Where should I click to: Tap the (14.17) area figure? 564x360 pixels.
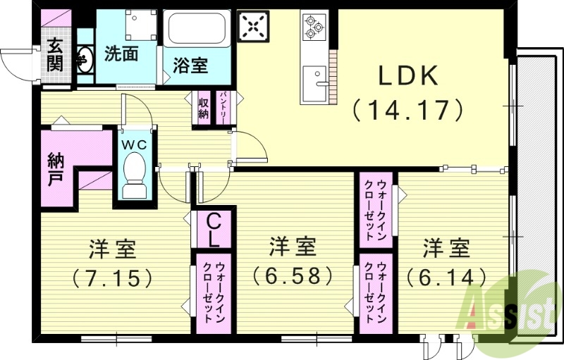point(409,109)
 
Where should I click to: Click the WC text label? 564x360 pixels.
point(135,143)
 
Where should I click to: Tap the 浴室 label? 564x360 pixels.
point(190,66)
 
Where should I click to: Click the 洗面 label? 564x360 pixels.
point(121,53)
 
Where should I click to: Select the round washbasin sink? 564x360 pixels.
point(84,59)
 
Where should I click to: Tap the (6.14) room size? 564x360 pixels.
point(446,275)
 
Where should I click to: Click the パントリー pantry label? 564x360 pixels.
point(223,107)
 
